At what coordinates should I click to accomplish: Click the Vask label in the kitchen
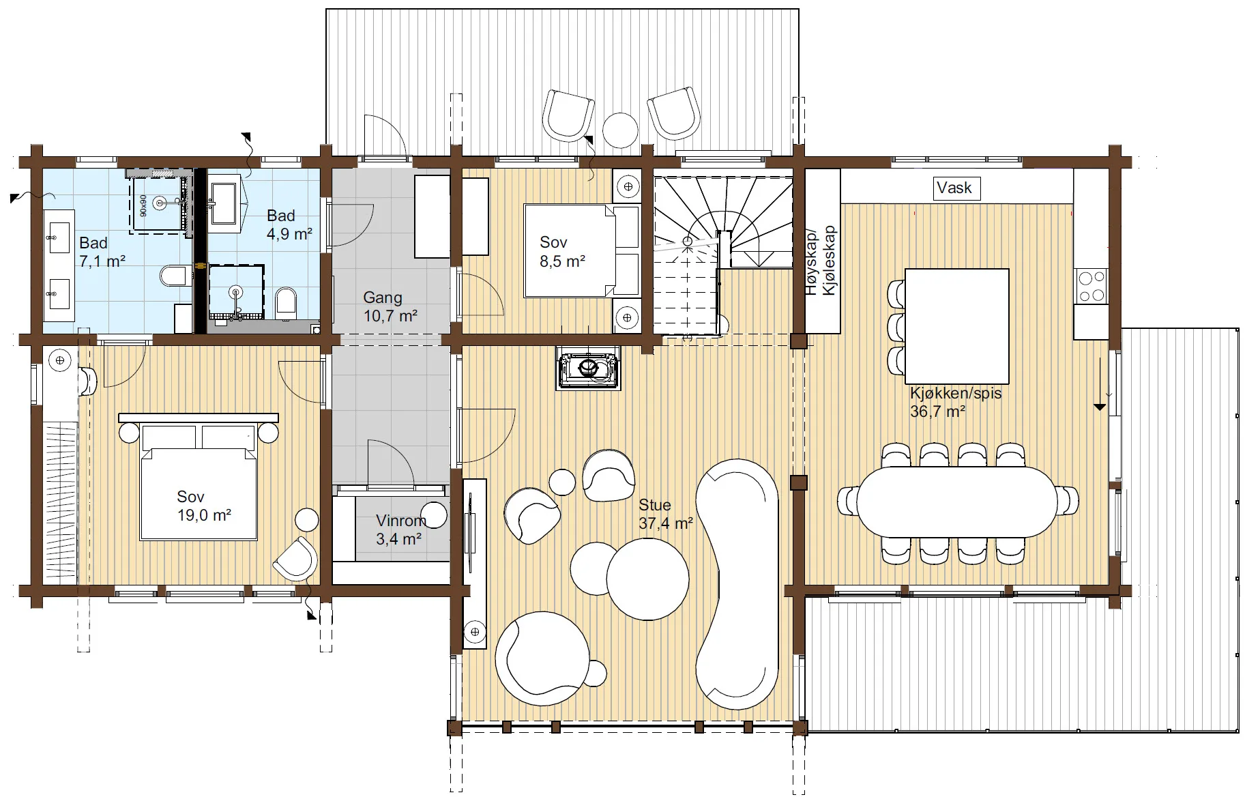coord(954,188)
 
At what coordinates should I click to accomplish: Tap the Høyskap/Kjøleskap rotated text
coord(821,261)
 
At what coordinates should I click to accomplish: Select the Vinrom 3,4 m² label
coord(400,530)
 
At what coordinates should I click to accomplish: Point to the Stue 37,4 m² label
coord(665,514)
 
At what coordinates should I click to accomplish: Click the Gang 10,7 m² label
coord(390,306)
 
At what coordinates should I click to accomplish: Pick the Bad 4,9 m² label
coord(289,224)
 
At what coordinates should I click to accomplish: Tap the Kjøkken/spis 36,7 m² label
coord(955,402)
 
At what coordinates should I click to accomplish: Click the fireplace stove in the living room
coord(588,368)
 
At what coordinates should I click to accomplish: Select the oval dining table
coord(958,502)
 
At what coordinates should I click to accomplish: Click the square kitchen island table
coord(956,326)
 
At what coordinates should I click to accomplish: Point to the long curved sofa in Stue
coord(737,584)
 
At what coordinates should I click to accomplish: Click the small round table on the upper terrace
coord(620,130)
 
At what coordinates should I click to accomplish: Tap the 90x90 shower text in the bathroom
coord(143,205)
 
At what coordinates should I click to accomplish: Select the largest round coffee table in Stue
coord(647,579)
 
